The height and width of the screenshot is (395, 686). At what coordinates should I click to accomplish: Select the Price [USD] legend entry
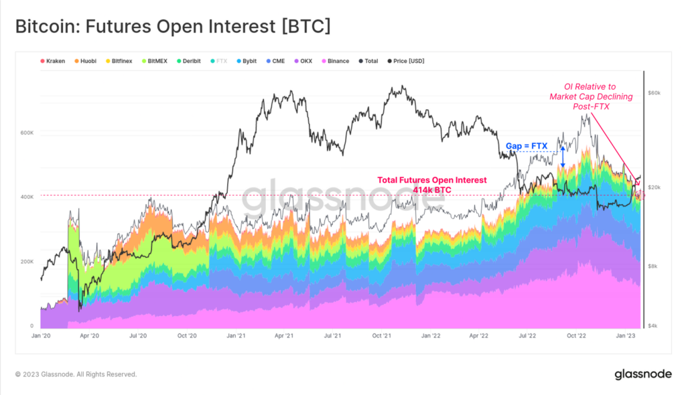(408, 61)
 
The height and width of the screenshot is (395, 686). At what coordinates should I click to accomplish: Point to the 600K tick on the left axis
(27, 133)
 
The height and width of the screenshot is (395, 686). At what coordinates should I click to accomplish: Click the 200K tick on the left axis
(27, 262)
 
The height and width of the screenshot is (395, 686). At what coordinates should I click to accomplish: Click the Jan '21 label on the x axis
(234, 335)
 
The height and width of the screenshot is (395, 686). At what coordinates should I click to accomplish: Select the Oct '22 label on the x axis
(577, 335)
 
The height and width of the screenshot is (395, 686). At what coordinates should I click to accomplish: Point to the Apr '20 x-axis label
(89, 335)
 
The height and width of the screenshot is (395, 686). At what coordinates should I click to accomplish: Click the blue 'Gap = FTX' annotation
(526, 145)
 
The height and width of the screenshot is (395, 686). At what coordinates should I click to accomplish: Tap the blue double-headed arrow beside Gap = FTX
(563, 155)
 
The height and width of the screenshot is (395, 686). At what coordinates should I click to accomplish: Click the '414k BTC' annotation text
(432, 190)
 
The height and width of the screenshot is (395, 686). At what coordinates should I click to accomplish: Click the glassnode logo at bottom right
(642, 374)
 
